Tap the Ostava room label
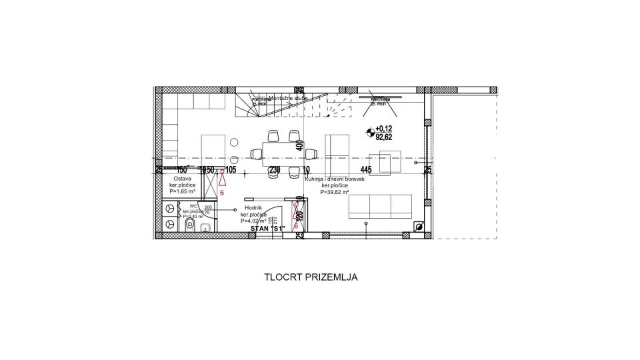click(x=183, y=179)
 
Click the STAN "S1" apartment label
click(x=268, y=229)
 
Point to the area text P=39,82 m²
click(x=339, y=192)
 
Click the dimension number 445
click(x=366, y=170)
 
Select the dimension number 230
click(x=274, y=170)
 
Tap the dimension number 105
click(x=231, y=170)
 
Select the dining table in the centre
click(x=283, y=154)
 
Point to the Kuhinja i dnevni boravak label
click(x=337, y=179)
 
